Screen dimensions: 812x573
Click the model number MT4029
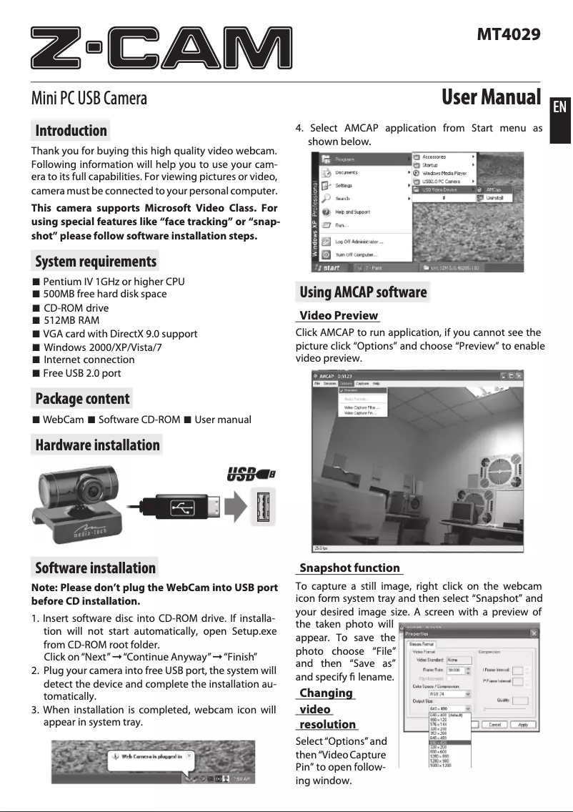(509, 34)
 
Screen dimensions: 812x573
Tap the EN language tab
(559, 107)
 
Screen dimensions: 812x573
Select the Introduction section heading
(71, 131)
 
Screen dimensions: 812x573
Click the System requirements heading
(95, 261)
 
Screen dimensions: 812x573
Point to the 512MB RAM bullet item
(71, 320)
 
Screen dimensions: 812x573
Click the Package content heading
(82, 399)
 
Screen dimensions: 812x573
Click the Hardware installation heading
(97, 445)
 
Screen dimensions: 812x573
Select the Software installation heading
(95, 568)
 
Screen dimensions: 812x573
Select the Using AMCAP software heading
(363, 292)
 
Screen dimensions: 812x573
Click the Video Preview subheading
(338, 315)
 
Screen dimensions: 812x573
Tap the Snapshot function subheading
(349, 568)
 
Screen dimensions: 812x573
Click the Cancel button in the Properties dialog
(493, 724)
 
